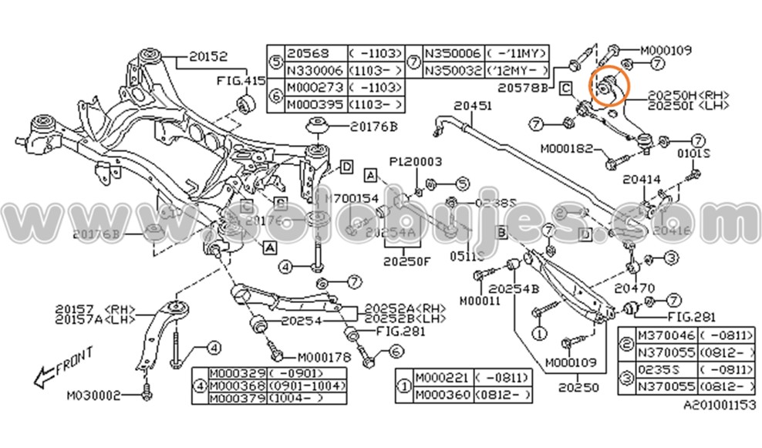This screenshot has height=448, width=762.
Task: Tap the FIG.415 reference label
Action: pos(240,79)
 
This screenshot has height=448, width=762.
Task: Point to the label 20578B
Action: pos(522,89)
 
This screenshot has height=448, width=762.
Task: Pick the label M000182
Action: pos(567,147)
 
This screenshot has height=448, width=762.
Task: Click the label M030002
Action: pos(93,395)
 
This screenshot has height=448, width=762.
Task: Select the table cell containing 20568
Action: pos(309,53)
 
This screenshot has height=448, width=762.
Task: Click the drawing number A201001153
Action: pos(719,405)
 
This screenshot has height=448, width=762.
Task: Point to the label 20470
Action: pos(633,288)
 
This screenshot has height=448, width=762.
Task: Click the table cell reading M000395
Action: pos(315,104)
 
